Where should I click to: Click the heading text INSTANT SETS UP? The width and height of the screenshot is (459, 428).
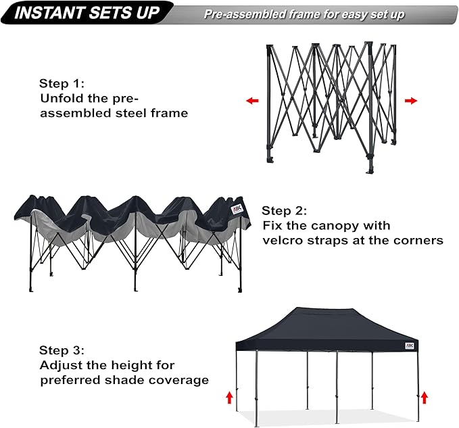tap(87, 13)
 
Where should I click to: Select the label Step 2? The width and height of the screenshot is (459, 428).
tap(285, 210)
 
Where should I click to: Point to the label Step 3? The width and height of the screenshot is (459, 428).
tap(62, 350)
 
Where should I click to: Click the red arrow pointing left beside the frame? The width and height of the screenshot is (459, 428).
tap(252, 101)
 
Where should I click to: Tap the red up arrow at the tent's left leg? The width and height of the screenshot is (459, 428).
tap(228, 396)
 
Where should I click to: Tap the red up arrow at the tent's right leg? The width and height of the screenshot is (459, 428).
tap(425, 396)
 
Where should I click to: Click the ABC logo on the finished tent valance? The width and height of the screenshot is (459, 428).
tap(410, 346)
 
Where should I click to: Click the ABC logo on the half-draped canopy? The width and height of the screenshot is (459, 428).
tap(236, 209)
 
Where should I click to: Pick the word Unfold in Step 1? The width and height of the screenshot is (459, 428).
tap(62, 98)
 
